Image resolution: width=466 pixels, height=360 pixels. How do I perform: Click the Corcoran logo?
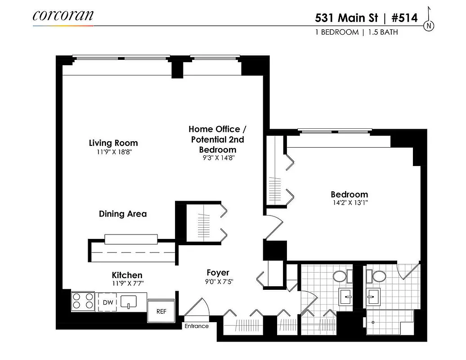point(63,16)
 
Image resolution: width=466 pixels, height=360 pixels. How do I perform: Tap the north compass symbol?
point(429,25)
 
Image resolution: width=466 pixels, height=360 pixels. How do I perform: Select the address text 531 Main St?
point(347,18)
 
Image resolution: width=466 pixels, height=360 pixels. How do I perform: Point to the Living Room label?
point(113,143)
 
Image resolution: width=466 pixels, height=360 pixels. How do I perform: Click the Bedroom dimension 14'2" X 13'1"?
point(349,203)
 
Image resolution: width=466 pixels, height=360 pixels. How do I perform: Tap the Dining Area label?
point(123,214)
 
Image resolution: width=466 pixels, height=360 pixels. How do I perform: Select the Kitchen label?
point(127,275)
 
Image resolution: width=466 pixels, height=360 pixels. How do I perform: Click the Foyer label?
point(218,273)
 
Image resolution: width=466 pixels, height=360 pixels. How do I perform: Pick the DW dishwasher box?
point(108,303)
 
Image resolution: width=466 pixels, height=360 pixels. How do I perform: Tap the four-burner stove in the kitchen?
point(83,301)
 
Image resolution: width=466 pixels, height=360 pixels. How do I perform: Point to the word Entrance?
point(197,326)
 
